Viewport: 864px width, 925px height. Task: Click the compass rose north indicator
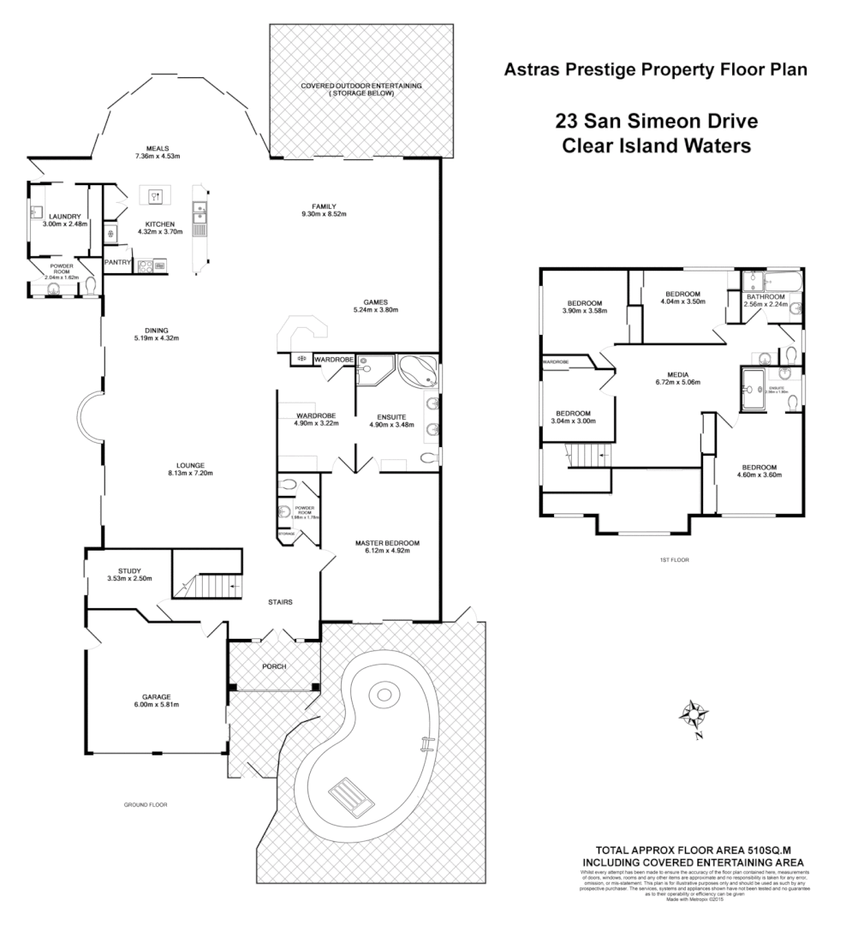click(694, 713)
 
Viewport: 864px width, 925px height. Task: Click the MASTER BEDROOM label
click(388, 543)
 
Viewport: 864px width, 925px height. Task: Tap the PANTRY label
click(116, 262)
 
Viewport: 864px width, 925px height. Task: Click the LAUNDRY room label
click(65, 217)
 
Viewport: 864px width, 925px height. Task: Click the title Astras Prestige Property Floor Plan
click(656, 69)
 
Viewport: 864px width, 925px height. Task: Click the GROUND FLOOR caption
click(145, 805)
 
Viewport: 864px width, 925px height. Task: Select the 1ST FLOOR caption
click(674, 559)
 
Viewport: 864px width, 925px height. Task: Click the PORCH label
click(274, 666)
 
